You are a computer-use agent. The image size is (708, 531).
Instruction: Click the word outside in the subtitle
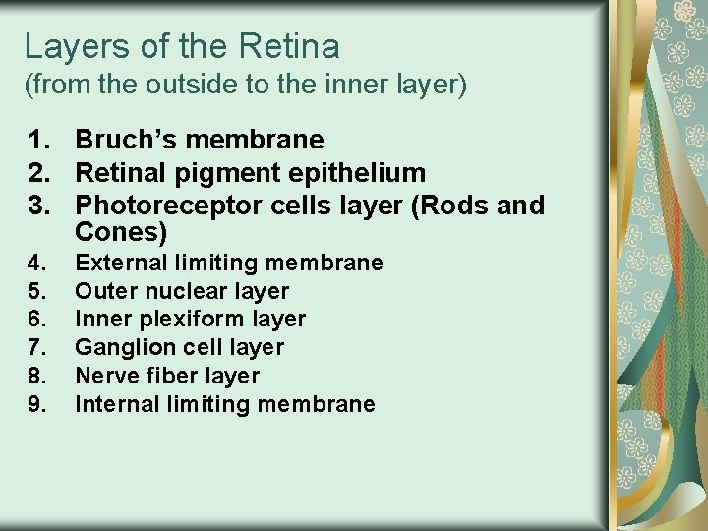[184, 86]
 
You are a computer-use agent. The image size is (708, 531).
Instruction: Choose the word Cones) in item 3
[121, 233]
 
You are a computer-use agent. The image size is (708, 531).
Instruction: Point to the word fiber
[157, 376]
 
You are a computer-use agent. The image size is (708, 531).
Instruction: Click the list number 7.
[36, 347]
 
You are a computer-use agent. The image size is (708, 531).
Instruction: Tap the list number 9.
[36, 404]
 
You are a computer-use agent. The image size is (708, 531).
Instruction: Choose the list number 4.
[36, 263]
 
